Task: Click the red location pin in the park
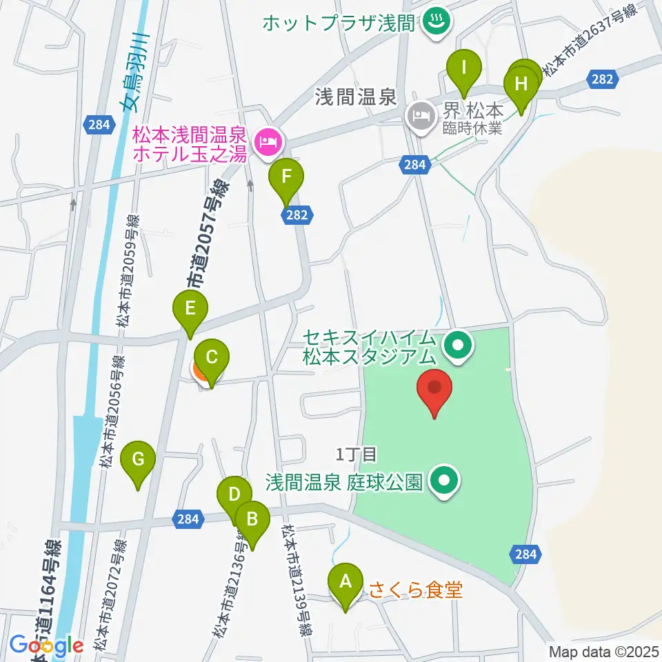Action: (x=435, y=390)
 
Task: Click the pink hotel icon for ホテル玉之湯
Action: (x=266, y=143)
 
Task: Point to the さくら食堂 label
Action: (x=415, y=590)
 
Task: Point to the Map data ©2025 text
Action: (x=603, y=651)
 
